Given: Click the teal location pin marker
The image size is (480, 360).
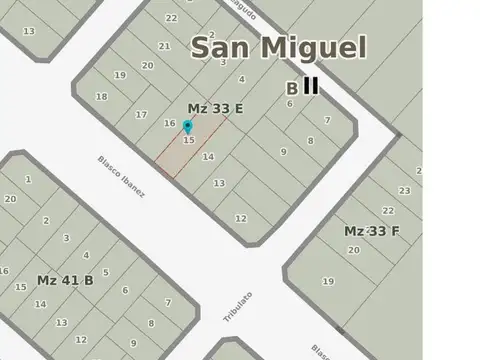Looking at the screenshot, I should [x=187, y=127].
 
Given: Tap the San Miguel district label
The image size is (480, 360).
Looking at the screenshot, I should [x=279, y=47].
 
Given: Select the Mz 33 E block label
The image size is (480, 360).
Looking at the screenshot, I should [x=215, y=108].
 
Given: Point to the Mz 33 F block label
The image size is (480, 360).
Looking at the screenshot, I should [x=372, y=231].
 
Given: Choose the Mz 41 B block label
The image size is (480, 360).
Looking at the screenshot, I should [x=65, y=280].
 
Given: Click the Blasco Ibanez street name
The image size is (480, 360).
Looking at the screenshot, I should [x=121, y=176].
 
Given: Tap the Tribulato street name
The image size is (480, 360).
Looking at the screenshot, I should [x=238, y=305].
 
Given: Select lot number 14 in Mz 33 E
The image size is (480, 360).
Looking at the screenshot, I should [x=208, y=157].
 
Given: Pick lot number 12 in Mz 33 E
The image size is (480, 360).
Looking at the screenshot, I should [x=240, y=218].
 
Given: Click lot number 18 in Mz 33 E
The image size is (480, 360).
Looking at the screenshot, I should [x=101, y=97].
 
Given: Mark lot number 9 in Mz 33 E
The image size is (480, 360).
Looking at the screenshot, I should [x=284, y=152].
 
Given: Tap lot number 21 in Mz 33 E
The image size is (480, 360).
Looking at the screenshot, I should [x=164, y=46].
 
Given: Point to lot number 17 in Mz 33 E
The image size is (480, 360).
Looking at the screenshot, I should [x=141, y=115].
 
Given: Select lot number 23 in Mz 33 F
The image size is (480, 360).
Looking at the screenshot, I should [x=404, y=190].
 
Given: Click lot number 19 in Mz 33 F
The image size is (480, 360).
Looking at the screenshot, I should [x=328, y=281].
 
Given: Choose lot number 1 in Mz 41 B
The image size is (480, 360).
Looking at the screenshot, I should [x=28, y=180].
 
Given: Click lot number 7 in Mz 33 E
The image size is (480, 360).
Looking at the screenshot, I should [x=327, y=120].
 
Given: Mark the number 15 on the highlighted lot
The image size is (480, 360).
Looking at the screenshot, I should [x=189, y=140].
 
